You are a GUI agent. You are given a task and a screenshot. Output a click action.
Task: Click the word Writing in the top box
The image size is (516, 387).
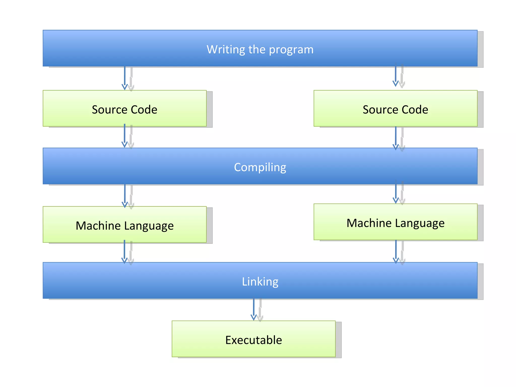tap(226, 49)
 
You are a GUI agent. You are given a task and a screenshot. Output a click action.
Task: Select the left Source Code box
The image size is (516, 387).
tap(124, 109)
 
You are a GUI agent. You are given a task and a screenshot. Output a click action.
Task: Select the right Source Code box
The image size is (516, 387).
tap(395, 109)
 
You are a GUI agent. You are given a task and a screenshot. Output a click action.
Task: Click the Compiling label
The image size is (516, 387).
tap(260, 167)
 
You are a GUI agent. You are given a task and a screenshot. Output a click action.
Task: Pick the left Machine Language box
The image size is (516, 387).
tap(124, 225)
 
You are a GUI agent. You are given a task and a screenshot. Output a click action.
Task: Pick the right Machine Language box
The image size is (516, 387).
tap(395, 222)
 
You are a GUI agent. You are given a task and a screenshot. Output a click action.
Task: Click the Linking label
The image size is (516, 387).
tap(260, 281)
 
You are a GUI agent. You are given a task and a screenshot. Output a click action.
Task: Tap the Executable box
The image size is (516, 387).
tap(253, 339)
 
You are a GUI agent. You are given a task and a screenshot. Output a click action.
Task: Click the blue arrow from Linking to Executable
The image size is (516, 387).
tap(253, 309)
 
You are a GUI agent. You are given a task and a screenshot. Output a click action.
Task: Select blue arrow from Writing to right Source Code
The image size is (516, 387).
tap(395, 76)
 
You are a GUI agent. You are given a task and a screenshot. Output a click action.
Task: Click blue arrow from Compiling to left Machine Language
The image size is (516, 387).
tap(125, 195)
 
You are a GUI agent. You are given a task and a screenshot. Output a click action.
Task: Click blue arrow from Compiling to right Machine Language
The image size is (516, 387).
tap(396, 193)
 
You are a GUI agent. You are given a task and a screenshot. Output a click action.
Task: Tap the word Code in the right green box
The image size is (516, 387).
tap(415, 110)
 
